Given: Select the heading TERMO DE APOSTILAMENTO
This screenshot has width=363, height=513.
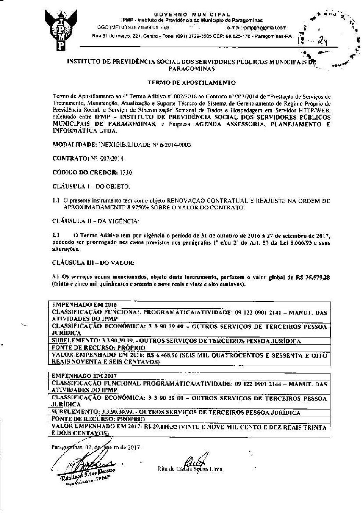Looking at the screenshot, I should [191, 83].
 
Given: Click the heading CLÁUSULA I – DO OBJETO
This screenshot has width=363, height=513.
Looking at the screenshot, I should [91, 186].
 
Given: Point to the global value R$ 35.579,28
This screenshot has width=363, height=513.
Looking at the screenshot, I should [311, 278].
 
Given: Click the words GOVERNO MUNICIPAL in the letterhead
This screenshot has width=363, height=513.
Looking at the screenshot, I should [192, 15].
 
